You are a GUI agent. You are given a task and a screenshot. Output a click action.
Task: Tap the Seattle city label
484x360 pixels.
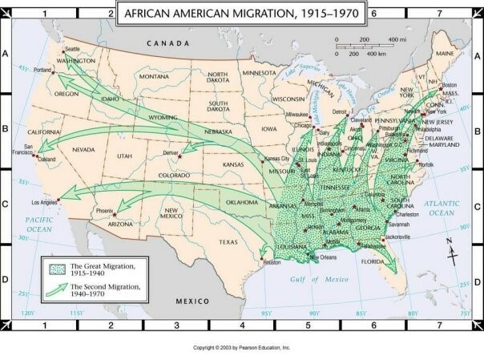coord(72,50)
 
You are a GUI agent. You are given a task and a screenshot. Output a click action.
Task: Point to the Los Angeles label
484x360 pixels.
coord(44,202)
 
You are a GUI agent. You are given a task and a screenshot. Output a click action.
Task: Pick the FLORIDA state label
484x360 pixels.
coord(373,261)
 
